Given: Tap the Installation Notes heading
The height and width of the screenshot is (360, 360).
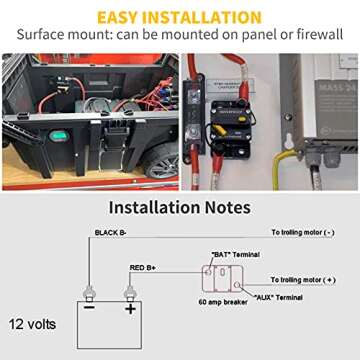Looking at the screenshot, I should (x=180, y=209).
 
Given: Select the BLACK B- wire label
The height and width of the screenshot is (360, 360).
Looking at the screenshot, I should (x=112, y=232).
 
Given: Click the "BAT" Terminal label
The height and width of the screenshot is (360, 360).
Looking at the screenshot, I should (x=231, y=255).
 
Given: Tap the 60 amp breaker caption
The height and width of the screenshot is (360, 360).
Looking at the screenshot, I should (x=221, y=300).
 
